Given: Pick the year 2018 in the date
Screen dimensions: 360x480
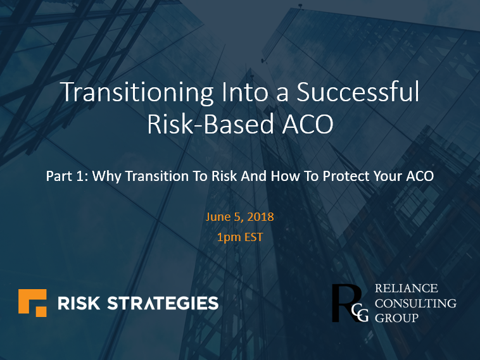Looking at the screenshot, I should [x=261, y=216].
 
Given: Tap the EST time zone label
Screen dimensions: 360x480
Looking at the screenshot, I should [x=253, y=239].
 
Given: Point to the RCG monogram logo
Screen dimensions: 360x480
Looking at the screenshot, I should [x=350, y=303].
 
